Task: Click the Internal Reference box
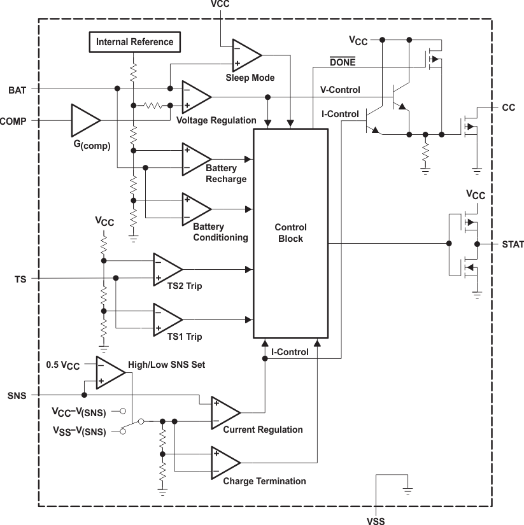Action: pyautogui.click(x=134, y=42)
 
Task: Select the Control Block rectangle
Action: pyautogui.click(x=291, y=233)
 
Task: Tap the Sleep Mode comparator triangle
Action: pyautogui.click(x=244, y=55)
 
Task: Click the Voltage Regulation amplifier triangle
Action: pyautogui.click(x=195, y=97)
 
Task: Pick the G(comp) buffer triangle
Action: pyautogui.click(x=84, y=120)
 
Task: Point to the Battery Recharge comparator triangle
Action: pyautogui.click(x=195, y=158)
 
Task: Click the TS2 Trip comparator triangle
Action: pyautogui.click(x=166, y=269)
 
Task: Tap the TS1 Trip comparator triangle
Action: pyautogui.click(x=166, y=319)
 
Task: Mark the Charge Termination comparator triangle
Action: pyautogui.click(x=224, y=463)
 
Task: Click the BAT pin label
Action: pyautogui.click(x=18, y=90)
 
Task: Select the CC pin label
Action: pyautogui.click(x=509, y=108)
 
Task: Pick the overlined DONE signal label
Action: pyautogui.click(x=343, y=62)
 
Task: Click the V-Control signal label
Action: pyautogui.click(x=341, y=90)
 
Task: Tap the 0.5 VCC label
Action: pyautogui.click(x=64, y=365)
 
